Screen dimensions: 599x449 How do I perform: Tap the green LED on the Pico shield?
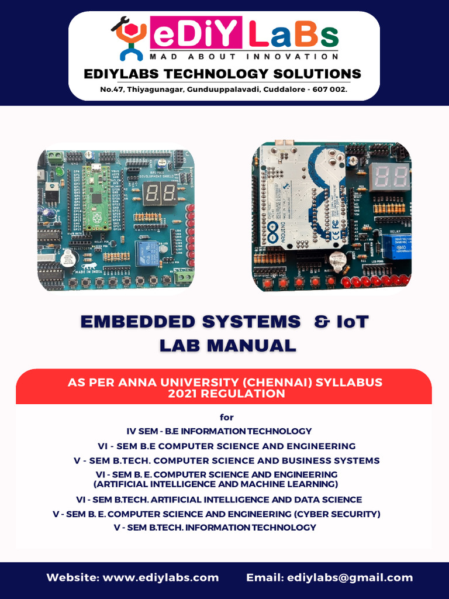(59, 173)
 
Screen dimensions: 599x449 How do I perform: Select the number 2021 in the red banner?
(183, 394)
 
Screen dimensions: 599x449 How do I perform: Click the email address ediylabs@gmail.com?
(350, 577)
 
